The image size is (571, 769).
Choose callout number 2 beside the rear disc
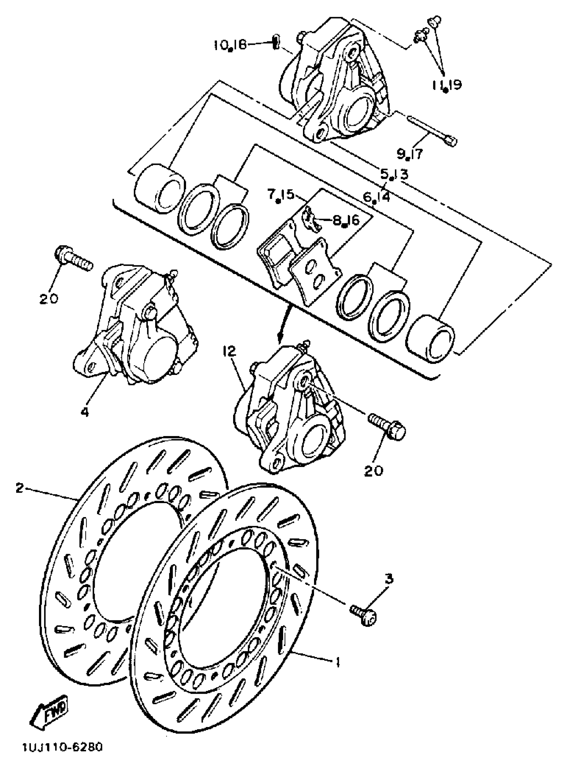20,488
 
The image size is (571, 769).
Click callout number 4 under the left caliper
85,412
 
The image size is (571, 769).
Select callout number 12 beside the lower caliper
229,352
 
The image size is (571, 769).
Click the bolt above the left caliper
74,257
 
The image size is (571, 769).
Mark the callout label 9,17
409,153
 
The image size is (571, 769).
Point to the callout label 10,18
229,45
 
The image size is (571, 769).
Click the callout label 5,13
394,174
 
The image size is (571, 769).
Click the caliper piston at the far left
159,187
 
